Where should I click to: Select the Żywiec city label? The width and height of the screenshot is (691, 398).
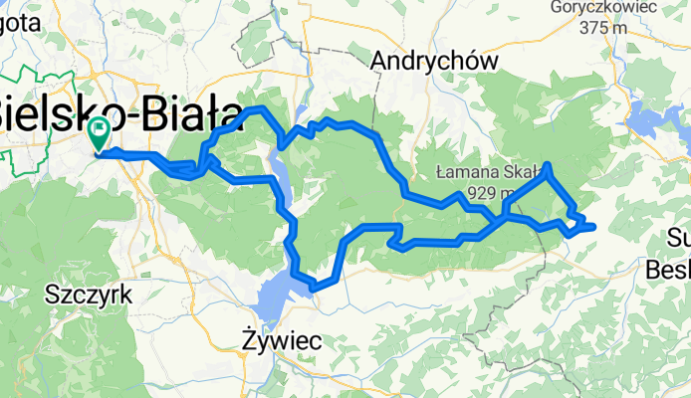tap(282, 341)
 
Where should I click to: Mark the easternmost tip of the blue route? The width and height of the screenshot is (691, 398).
tap(593, 227)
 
